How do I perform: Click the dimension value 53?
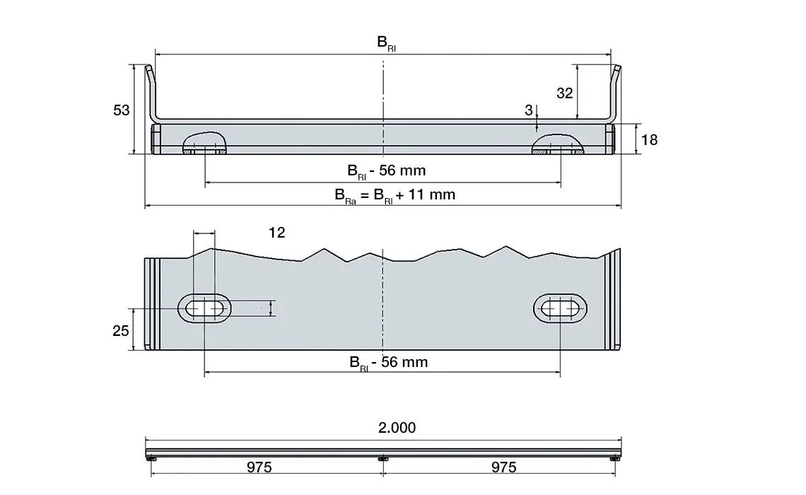click(122, 110)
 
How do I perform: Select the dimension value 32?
click(564, 93)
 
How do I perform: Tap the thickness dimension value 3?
click(528, 110)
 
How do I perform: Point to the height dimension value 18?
click(648, 140)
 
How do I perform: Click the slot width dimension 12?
click(277, 233)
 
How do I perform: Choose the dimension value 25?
click(122, 330)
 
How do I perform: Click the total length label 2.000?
click(397, 428)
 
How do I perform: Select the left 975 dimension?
click(259, 467)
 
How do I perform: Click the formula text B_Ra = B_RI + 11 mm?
click(395, 194)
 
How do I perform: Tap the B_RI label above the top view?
click(386, 44)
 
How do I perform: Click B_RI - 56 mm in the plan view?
click(389, 363)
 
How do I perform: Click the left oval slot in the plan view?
click(204, 308)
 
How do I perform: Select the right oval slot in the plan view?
click(560, 308)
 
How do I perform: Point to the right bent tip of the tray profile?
click(617, 71)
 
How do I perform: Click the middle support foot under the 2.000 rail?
click(382, 459)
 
